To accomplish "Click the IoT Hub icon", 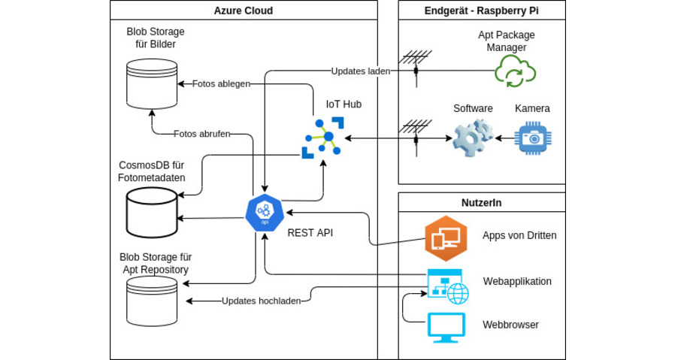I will (322, 138).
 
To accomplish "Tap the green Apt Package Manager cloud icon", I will (515, 72).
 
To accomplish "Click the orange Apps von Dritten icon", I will (445, 237).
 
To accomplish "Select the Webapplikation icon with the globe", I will (447, 286).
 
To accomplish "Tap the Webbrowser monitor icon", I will (447, 327).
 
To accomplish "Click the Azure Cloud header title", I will (244, 11).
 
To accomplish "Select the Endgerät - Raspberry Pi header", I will (482, 11).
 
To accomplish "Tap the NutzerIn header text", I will (481, 203).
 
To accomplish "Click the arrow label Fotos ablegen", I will (221, 84).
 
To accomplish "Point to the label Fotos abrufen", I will (201, 134).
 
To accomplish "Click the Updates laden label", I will (360, 71).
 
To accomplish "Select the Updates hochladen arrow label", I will (261, 301).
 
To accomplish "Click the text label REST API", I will (310, 233).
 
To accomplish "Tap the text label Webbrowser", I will (510, 325).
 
